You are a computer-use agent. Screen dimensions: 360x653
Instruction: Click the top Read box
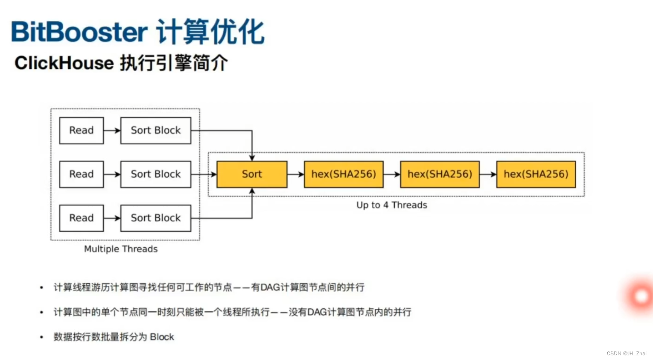tap(81, 131)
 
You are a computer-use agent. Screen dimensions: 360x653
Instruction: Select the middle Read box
tap(81, 174)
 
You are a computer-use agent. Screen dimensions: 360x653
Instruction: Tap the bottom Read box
tap(81, 218)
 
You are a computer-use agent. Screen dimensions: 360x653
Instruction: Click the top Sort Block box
tap(156, 131)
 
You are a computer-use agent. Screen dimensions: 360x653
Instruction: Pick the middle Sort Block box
tap(156, 174)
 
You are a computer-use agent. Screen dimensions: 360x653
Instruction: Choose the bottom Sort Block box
tap(156, 218)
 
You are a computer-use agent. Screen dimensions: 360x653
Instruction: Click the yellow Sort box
tap(252, 174)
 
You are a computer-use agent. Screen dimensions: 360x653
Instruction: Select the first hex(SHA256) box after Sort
tap(344, 174)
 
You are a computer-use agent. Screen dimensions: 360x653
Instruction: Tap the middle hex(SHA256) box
tap(440, 174)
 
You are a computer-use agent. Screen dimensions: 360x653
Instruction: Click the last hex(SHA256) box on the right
tap(536, 174)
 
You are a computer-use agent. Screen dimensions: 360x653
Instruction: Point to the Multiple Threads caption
tap(121, 249)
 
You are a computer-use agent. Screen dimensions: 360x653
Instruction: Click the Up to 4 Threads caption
tap(392, 205)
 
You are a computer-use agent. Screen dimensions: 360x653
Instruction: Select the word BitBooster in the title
tap(79, 32)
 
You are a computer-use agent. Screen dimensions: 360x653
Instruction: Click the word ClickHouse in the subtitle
tap(64, 63)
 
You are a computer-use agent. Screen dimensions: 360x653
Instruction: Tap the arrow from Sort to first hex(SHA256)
tap(295, 174)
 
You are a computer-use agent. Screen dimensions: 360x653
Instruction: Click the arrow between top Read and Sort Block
tap(112, 131)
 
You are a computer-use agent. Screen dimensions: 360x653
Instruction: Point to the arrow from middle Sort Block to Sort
tap(204, 174)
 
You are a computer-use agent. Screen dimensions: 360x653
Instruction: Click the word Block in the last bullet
tap(162, 337)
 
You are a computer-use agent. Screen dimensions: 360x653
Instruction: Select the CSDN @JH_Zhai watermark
tap(626, 354)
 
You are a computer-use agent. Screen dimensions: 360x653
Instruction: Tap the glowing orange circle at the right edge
tap(641, 296)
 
